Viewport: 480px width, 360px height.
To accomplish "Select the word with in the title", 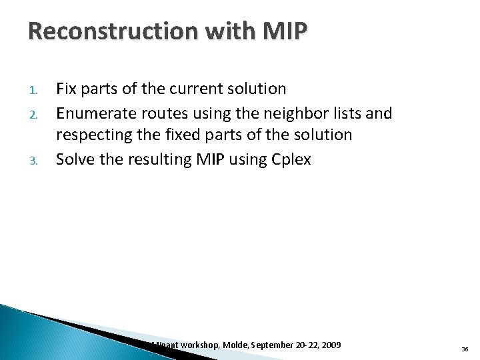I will click(x=213, y=32).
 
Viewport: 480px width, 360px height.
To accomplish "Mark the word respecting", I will click(x=91, y=135).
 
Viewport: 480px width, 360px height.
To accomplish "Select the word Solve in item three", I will click(x=75, y=159).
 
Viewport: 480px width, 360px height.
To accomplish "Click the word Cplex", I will click(x=290, y=159).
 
